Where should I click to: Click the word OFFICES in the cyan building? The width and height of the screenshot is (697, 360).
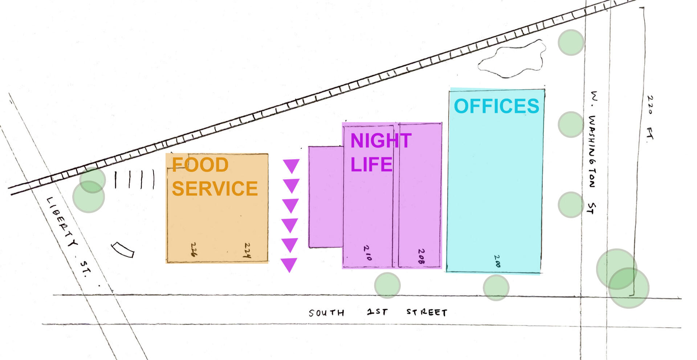(497, 106)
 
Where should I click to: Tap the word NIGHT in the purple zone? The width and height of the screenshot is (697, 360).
(381, 140)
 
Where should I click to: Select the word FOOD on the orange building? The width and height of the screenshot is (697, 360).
(200, 165)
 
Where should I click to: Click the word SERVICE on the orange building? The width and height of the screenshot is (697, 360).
(215, 188)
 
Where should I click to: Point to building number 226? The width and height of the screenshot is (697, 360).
(194, 249)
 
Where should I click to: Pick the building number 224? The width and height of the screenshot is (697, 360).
(247, 250)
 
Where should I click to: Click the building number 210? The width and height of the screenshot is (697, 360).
(367, 253)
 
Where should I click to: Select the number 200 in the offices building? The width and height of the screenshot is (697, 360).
(497, 261)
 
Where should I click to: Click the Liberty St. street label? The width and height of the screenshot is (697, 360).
(69, 237)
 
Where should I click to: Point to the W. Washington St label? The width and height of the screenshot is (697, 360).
(592, 152)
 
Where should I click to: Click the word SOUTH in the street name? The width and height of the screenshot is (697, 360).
(326, 313)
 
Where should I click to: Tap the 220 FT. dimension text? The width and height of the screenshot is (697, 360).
(650, 119)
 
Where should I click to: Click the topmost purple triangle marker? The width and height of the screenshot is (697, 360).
(291, 166)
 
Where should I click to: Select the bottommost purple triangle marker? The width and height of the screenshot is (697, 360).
(289, 265)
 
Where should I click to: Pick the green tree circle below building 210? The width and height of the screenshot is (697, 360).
(387, 286)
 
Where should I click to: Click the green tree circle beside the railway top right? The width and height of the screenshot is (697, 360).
(571, 42)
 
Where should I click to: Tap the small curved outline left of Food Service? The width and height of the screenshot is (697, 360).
(123, 250)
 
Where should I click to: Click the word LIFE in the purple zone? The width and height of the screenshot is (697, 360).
(371, 164)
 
